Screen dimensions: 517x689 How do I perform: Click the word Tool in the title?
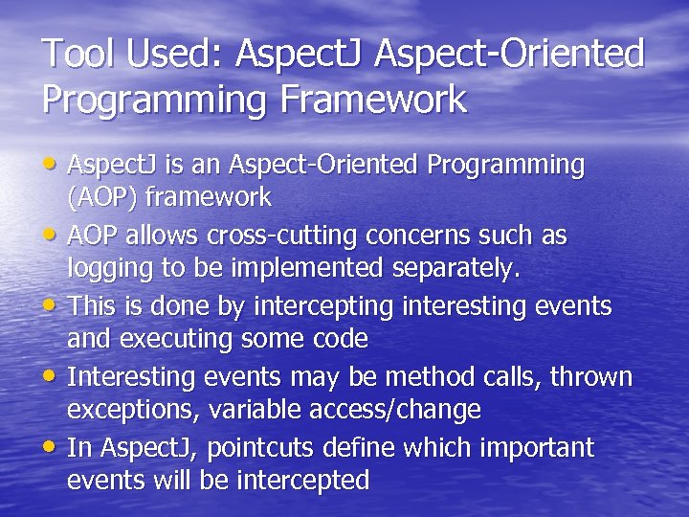pyautogui.click(x=77, y=55)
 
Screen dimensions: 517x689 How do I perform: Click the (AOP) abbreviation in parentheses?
pyautogui.click(x=101, y=197)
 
